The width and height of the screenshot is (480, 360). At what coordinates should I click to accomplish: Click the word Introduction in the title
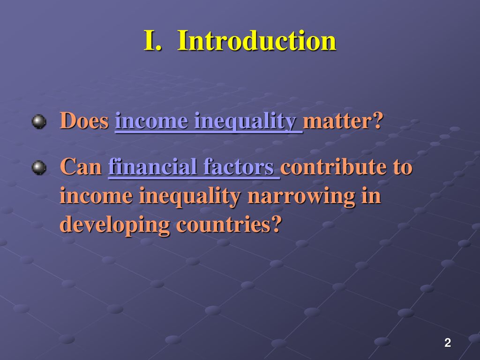coord(256,40)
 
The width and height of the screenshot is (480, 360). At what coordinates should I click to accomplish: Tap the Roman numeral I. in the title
coord(152,40)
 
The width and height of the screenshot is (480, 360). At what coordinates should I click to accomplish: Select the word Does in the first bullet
coord(84,120)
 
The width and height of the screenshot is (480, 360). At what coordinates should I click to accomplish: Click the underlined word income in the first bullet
coord(151,121)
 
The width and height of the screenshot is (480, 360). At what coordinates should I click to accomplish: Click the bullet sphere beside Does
coord(39,121)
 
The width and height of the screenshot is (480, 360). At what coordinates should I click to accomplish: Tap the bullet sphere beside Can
coord(39,167)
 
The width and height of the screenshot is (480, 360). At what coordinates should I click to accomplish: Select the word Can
coord(81,166)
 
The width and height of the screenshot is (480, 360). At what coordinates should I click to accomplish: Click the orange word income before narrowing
coord(96,196)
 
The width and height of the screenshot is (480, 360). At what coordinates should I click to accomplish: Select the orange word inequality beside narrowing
coord(190,196)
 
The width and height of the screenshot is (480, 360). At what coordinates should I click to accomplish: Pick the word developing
coord(115,225)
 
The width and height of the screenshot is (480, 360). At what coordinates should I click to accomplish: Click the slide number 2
coord(448,343)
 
